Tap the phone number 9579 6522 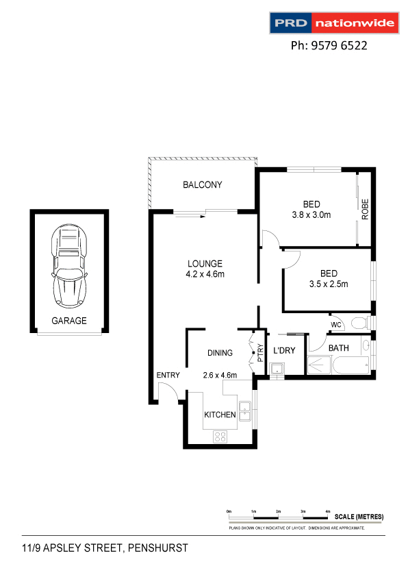(x=329, y=46)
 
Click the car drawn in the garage (x=69, y=267)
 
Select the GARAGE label (x=69, y=321)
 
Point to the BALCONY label (x=202, y=185)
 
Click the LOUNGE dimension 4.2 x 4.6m (x=205, y=274)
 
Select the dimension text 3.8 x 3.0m (x=311, y=214)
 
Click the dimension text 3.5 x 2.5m (x=329, y=283)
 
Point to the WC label (x=336, y=324)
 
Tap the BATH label (x=338, y=348)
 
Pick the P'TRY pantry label (x=260, y=350)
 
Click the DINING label (x=220, y=353)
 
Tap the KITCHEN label (x=220, y=415)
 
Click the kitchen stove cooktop (x=220, y=436)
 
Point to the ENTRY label (x=168, y=375)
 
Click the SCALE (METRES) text (x=359, y=516)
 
